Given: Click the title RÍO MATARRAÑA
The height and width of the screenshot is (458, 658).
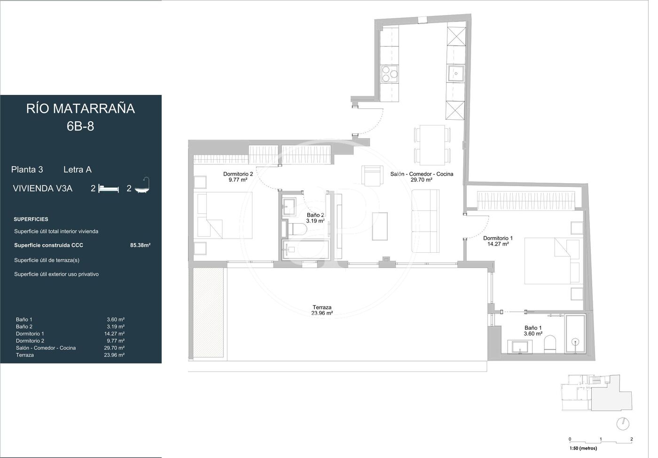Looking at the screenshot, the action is click(x=80, y=109).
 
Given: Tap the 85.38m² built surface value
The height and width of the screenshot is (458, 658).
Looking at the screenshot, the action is click(x=141, y=245).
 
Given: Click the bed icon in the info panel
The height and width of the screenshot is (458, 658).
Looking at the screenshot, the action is click(x=109, y=188).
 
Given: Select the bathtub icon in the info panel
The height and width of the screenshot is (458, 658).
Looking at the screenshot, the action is click(x=142, y=185).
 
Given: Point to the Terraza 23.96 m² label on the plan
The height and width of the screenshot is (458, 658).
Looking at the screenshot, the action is click(x=322, y=311).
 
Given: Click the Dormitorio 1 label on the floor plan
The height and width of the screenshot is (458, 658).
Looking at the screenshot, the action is click(x=498, y=241).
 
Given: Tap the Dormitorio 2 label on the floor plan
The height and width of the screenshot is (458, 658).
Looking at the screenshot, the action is click(x=238, y=177).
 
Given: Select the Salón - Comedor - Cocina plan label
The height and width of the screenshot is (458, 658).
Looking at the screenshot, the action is click(x=422, y=177).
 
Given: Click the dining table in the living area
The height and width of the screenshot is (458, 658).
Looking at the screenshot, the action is click(x=432, y=145).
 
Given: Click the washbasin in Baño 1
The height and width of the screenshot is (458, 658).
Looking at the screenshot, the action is click(x=520, y=347).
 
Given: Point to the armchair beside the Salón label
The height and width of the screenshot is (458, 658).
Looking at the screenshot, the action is click(x=372, y=176).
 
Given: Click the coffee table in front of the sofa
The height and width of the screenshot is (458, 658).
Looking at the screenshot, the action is click(x=380, y=226).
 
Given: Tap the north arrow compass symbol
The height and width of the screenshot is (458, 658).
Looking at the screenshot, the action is click(x=623, y=424).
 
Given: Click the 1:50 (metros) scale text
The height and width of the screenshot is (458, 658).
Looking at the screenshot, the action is click(x=583, y=448).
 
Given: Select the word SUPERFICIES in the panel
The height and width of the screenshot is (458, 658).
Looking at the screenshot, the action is click(x=31, y=219).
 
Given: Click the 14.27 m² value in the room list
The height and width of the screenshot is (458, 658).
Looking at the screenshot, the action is click(x=114, y=334).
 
